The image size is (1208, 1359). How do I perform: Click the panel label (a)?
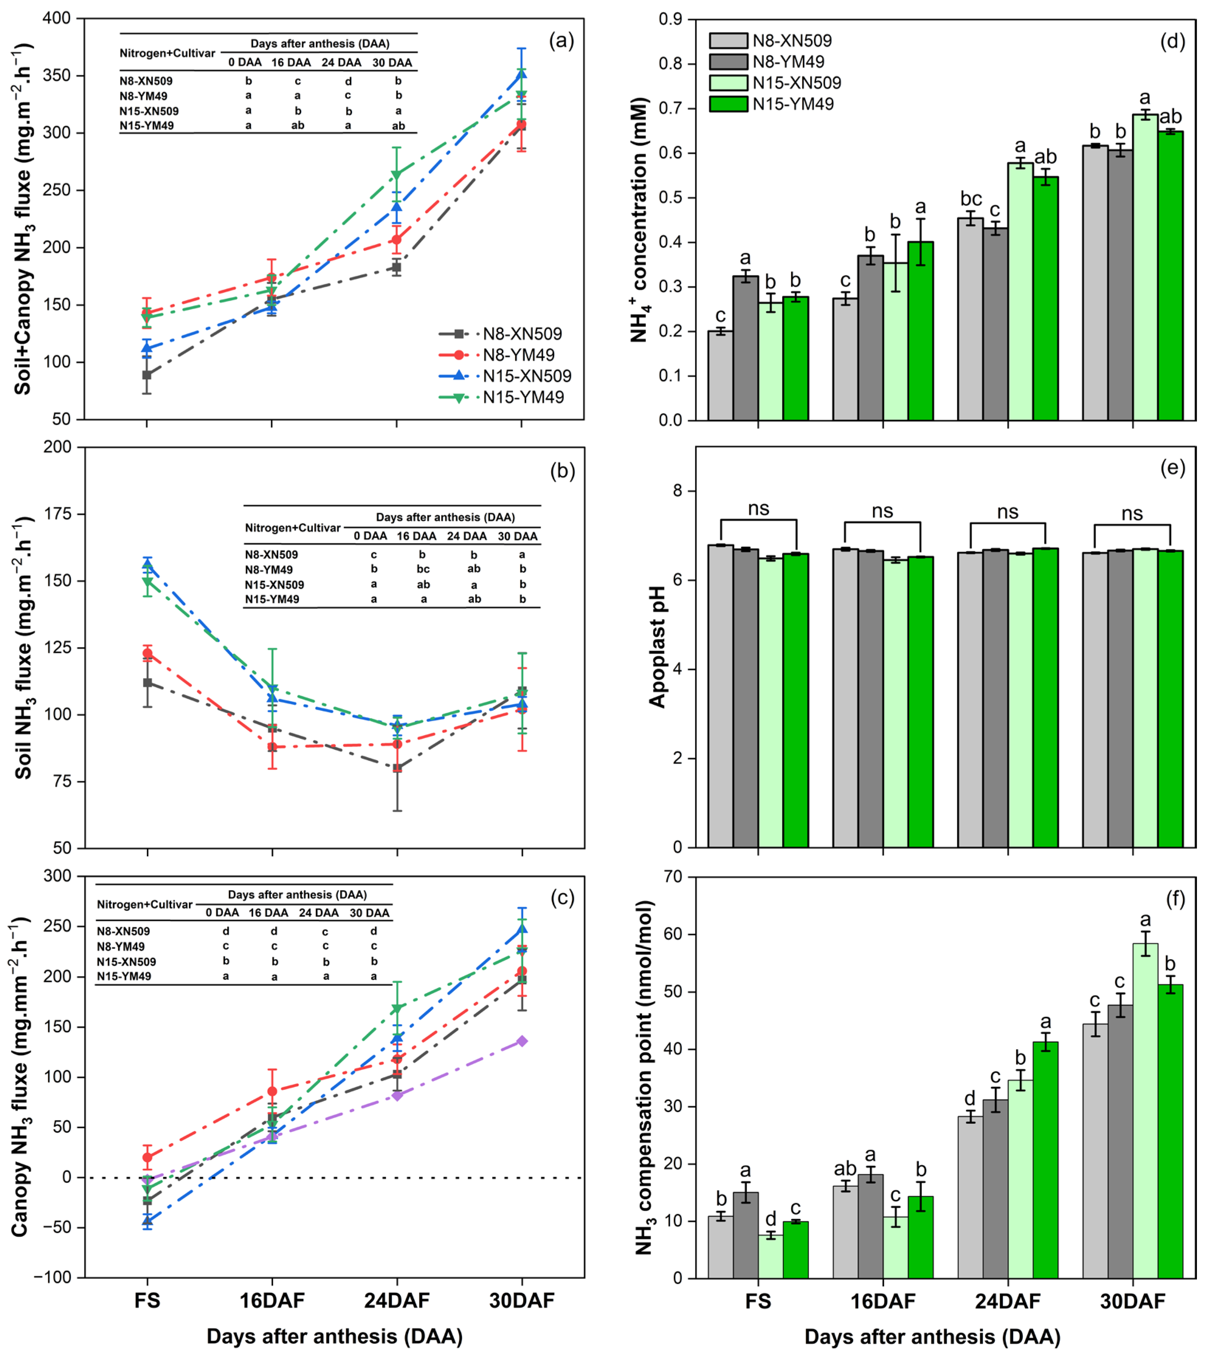(561, 41)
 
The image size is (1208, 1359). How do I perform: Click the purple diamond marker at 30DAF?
(522, 1040)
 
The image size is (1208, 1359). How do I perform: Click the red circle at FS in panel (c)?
(148, 1157)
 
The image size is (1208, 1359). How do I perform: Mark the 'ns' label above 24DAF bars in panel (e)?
(1007, 512)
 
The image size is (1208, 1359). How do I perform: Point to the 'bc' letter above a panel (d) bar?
(971, 199)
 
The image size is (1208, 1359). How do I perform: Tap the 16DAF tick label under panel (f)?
(883, 1301)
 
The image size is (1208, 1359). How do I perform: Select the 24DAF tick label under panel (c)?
(397, 1301)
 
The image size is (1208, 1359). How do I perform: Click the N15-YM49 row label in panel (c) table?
(124, 977)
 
